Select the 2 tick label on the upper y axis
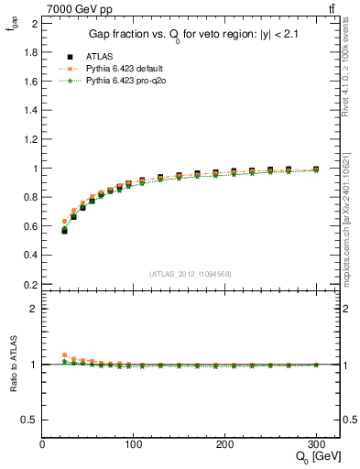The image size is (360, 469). coord(35,24)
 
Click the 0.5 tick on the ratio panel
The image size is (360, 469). coord(30,420)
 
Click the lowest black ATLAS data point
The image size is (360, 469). coord(64,231)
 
